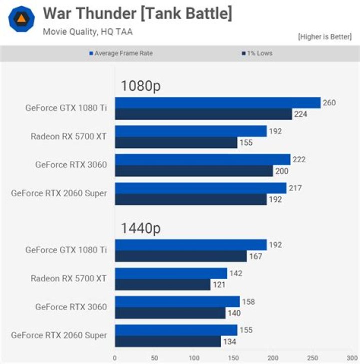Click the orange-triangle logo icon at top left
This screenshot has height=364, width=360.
click(x=21, y=19)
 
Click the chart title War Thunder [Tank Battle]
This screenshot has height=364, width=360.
click(x=137, y=13)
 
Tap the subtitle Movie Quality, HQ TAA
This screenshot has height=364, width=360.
click(x=87, y=31)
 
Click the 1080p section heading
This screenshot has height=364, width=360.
click(x=140, y=86)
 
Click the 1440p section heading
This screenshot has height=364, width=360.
click(x=140, y=228)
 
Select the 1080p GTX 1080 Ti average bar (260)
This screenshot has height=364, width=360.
click(x=217, y=103)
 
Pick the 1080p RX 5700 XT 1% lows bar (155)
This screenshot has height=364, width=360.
click(x=176, y=142)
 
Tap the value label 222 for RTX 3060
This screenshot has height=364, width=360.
click(x=299, y=160)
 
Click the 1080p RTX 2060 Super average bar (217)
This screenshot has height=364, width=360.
click(x=200, y=188)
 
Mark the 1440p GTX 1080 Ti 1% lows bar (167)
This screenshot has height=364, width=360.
click(x=181, y=256)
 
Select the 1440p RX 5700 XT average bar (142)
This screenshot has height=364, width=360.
click(x=171, y=273)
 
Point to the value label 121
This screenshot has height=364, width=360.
click(x=218, y=285)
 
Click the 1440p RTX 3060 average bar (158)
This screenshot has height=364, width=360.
click(x=177, y=302)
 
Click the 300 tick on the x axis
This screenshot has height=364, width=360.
click(x=351, y=358)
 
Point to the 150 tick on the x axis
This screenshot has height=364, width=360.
click(x=233, y=358)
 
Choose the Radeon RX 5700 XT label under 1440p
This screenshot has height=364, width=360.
click(x=68, y=279)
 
